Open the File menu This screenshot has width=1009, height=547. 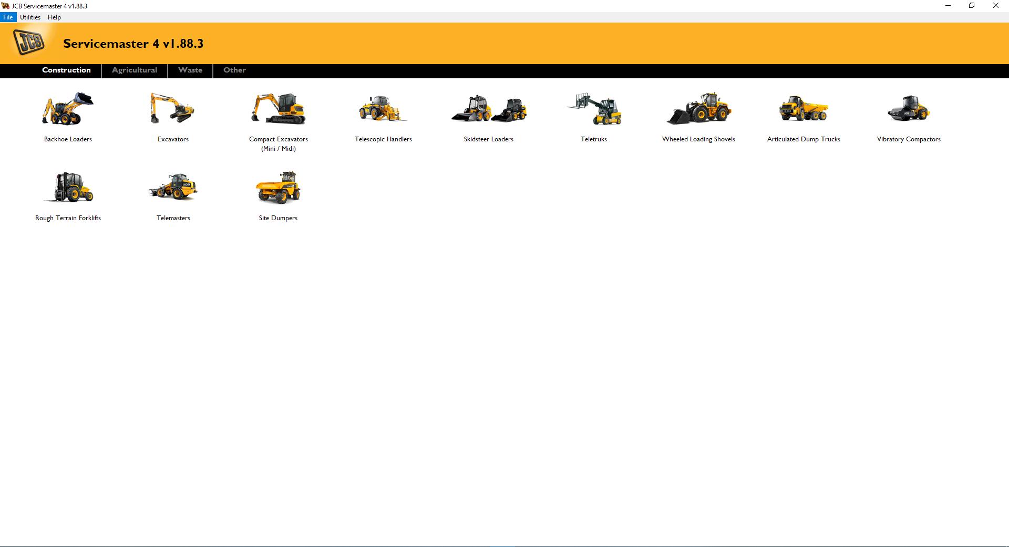[8, 17]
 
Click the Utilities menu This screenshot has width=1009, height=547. [30, 17]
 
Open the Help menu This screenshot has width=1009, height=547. [54, 17]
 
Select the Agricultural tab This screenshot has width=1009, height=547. [135, 70]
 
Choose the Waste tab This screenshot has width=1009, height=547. [190, 70]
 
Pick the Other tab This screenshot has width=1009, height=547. [234, 70]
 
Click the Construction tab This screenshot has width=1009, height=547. [66, 70]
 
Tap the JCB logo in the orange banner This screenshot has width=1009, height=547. [29, 43]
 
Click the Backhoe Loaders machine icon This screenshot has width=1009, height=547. [68, 109]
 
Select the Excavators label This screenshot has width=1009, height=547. [173, 139]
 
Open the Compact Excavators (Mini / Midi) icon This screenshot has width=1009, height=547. [278, 109]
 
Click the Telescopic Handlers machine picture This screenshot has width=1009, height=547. [383, 109]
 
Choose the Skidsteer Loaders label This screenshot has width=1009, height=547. [488, 139]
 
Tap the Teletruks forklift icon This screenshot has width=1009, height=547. [594, 109]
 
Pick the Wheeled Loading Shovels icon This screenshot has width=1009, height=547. [698, 109]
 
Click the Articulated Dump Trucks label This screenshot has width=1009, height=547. [804, 139]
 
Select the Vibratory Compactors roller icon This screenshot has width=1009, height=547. [909, 109]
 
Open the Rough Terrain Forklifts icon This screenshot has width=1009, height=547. [68, 188]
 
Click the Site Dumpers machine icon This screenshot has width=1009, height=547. [278, 188]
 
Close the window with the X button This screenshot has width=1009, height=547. [995, 6]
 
